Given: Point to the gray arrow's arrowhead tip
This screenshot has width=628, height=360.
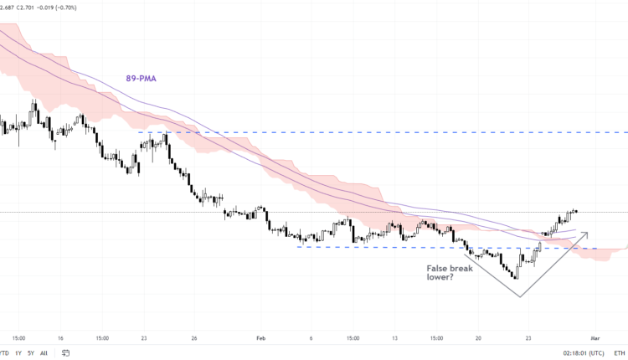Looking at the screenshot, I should click(x=588, y=233).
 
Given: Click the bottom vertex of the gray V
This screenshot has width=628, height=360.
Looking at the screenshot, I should click(x=520, y=296).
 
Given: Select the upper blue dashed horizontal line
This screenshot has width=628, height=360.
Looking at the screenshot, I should click(x=377, y=132).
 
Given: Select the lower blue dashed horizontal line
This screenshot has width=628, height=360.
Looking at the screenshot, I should click(x=377, y=247).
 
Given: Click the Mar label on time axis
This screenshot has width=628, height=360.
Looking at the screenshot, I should click(x=595, y=338).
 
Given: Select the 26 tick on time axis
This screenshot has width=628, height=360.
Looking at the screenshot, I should click(x=194, y=338).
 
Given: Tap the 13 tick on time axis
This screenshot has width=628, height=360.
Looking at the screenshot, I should click(x=394, y=338).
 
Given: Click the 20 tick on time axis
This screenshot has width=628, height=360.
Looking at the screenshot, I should click(x=478, y=338).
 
